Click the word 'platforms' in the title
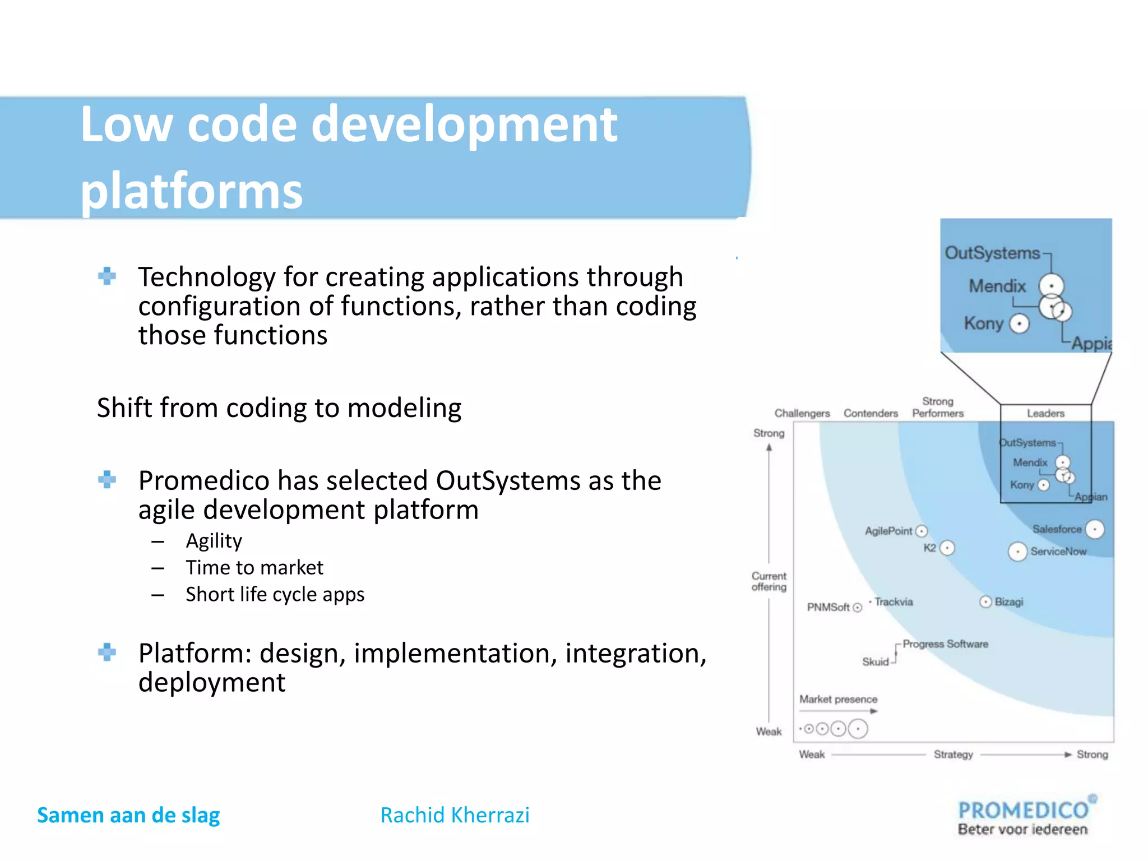pyautogui.click(x=191, y=191)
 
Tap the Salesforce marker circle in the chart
pyautogui.click(x=1094, y=529)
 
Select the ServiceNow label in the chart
pyautogui.click(x=1058, y=552)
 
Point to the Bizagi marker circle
pyautogui.click(x=985, y=602)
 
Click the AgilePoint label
pyautogui.click(x=888, y=531)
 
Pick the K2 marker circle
pyautogui.click(x=947, y=548)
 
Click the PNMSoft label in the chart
pyautogui.click(x=828, y=608)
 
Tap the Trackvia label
pyautogui.click(x=894, y=602)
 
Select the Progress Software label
pyautogui.click(x=945, y=644)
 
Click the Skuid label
pyautogui.click(x=875, y=662)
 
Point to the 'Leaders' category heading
pyautogui.click(x=1045, y=414)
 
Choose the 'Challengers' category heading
pyautogui.click(x=802, y=414)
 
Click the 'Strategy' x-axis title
pyautogui.click(x=953, y=754)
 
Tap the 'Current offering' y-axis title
pyautogui.click(x=769, y=581)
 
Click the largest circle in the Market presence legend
pyautogui.click(x=858, y=729)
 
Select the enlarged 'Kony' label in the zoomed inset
pyautogui.click(x=983, y=323)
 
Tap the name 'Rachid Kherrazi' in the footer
pyautogui.click(x=455, y=815)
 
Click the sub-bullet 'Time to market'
pyautogui.click(x=254, y=568)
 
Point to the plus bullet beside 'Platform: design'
pyautogui.click(x=107, y=652)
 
